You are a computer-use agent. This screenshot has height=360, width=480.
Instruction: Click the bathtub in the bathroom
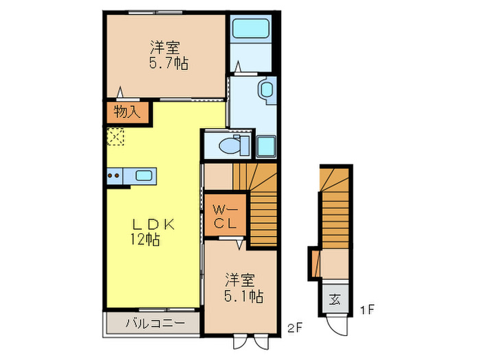point(252,29)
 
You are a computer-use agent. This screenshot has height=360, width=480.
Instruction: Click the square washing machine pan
point(266,146)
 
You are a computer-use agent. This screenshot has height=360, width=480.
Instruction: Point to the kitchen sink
point(145,175)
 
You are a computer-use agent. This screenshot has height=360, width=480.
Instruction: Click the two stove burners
point(114,176)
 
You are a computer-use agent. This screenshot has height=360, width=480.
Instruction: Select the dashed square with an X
point(115,137)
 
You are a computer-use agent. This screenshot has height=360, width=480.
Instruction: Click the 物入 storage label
point(126,112)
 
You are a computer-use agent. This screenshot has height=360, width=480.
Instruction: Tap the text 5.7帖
point(167,64)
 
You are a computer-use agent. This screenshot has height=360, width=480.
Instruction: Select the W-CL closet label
point(225,215)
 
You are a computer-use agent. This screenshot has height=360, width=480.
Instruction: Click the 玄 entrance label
point(335,298)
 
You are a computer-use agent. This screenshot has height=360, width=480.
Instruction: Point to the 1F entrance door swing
point(337,324)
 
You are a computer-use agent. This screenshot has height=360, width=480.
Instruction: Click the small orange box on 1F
point(314,262)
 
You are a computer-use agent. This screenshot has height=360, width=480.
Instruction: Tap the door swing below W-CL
point(239,242)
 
